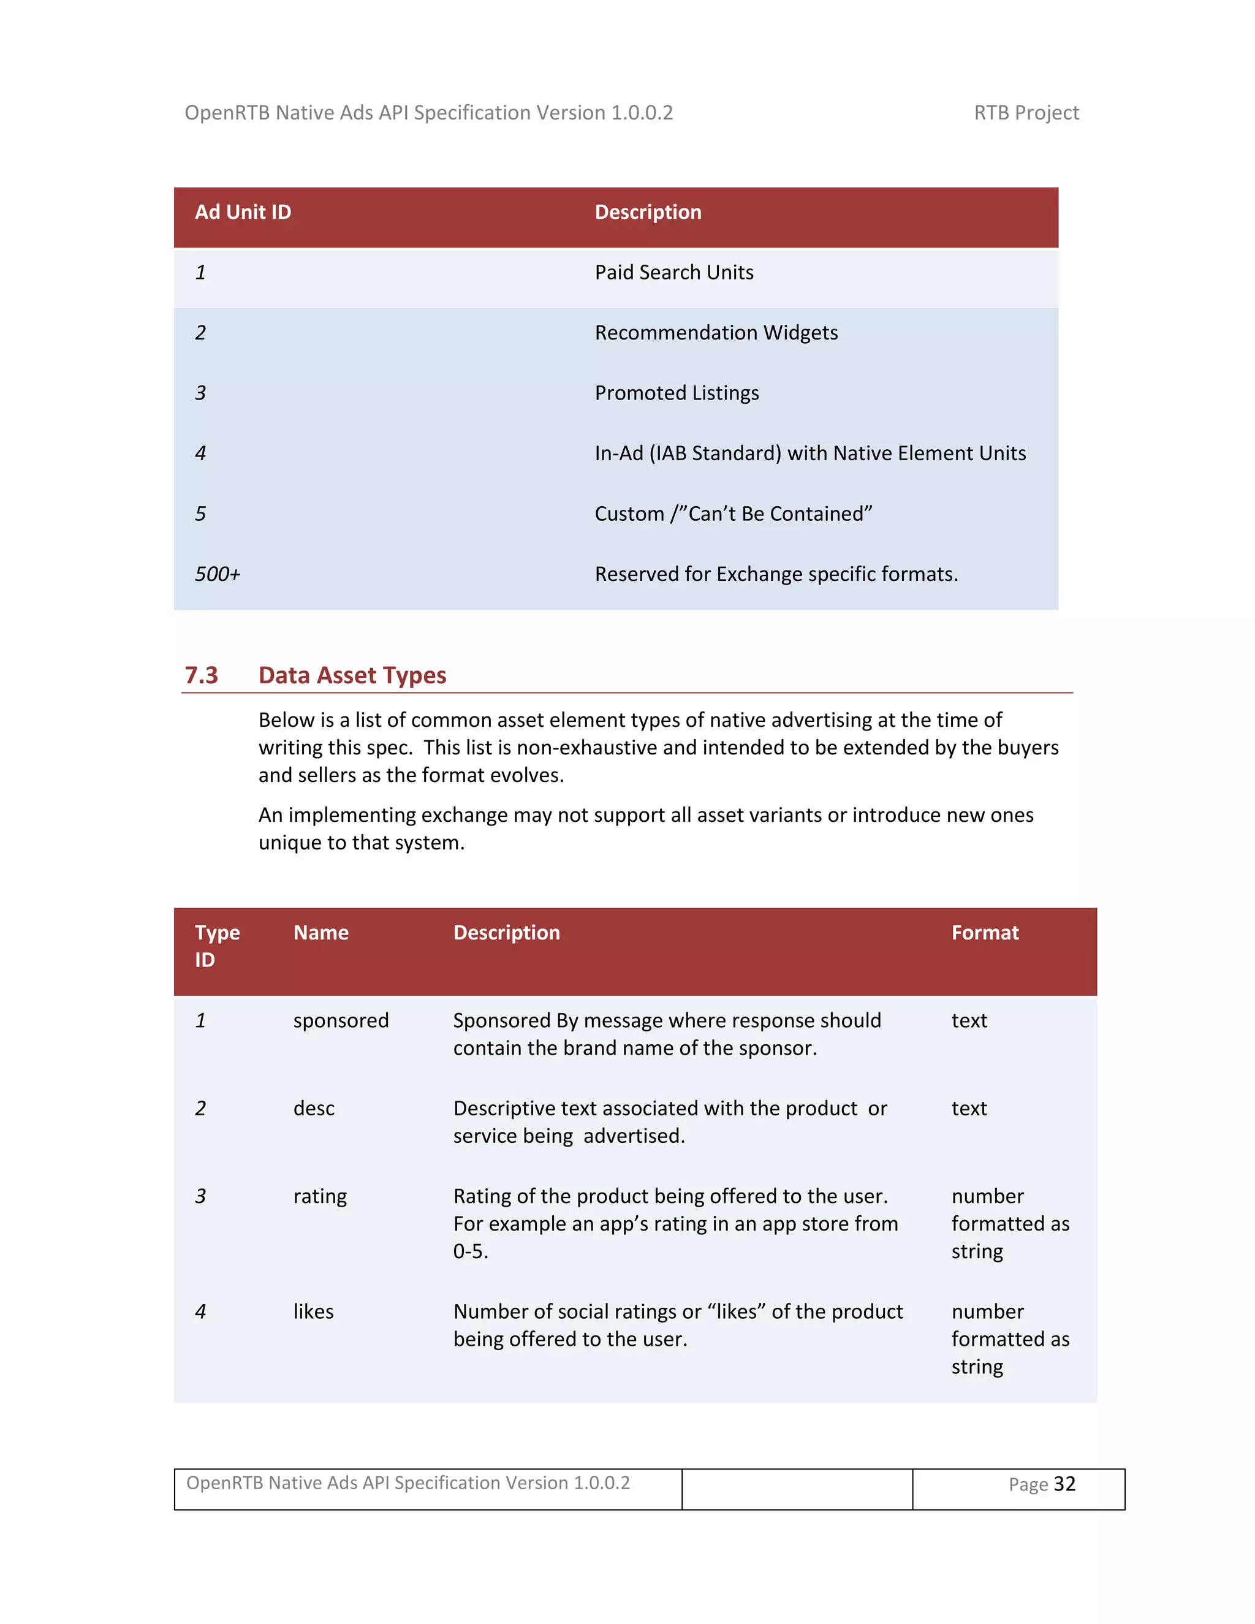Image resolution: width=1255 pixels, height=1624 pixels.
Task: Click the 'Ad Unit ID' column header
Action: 243,213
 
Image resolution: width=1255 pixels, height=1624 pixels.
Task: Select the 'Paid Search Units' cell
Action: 673,273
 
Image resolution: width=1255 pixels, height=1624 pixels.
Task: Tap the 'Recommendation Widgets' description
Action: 716,333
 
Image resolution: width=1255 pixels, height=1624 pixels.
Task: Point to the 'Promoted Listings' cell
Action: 677,393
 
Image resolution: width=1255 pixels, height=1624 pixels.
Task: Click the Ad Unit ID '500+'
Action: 217,575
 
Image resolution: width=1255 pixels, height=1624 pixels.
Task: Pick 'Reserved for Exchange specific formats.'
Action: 776,575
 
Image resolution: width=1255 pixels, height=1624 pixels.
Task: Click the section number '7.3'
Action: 201,675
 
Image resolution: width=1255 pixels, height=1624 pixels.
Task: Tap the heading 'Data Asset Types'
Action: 352,675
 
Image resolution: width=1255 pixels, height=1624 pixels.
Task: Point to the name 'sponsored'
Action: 341,1021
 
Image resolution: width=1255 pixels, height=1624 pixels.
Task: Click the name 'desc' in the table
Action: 314,1109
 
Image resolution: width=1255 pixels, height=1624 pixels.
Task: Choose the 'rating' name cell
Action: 320,1196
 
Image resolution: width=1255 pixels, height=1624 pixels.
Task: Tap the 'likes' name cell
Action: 313,1311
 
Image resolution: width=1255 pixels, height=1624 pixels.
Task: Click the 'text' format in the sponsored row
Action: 969,1021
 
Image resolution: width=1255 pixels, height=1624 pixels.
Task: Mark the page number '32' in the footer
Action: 1064,1484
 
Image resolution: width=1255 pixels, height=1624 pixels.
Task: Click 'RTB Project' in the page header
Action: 1026,113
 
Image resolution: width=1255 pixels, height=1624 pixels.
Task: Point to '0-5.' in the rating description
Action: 471,1251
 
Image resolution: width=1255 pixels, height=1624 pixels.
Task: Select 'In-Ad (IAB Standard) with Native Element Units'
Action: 809,453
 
